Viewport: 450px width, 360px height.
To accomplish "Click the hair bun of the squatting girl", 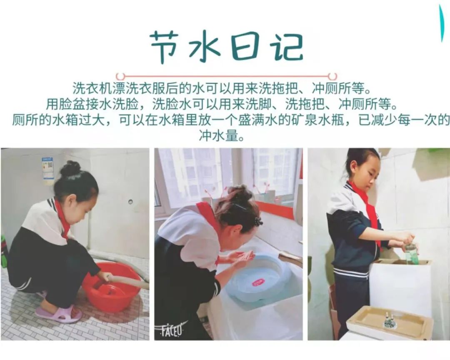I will (x=70, y=168).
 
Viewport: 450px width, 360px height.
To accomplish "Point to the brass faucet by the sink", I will (x=292, y=258).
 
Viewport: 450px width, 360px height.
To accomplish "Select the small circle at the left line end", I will (x=120, y=77).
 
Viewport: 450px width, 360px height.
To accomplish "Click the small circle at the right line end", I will (x=332, y=77).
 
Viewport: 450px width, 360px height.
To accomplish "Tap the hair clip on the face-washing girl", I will (x=258, y=221).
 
